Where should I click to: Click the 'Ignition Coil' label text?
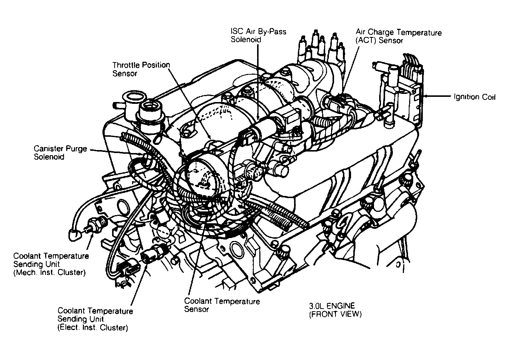click(474, 97)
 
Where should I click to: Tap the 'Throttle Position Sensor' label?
click(141, 69)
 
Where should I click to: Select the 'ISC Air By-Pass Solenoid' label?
click(258, 35)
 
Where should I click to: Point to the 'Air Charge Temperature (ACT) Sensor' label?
click(398, 37)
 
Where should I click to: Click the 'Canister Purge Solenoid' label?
click(60, 153)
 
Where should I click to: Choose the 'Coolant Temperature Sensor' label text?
click(222, 305)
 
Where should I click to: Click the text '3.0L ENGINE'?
click(332, 306)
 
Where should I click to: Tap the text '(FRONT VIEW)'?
click(335, 315)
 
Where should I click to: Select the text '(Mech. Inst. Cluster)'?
click(49, 273)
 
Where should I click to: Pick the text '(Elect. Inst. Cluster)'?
click(92, 327)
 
